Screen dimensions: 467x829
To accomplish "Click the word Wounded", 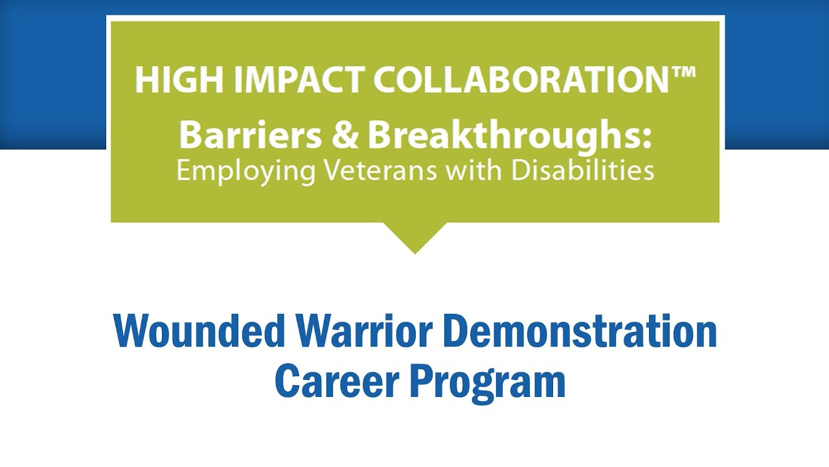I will click(x=199, y=331).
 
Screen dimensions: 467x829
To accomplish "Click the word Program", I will click(x=486, y=382).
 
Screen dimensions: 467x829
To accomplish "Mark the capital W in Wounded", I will click(x=131, y=331).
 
